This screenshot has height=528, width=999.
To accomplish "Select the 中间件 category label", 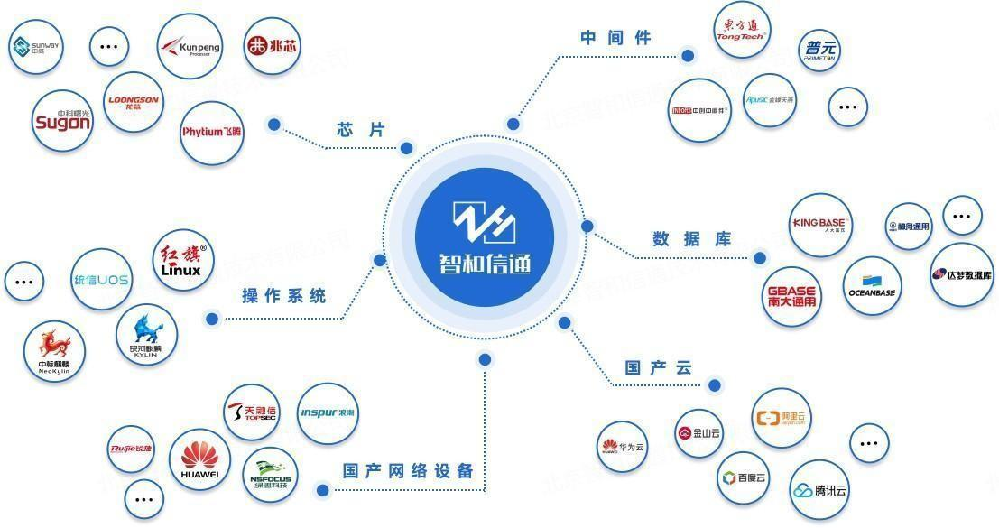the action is [x=615, y=38].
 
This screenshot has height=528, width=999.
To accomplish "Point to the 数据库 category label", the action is [x=691, y=239].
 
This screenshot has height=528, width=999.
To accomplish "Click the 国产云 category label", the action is [x=658, y=368].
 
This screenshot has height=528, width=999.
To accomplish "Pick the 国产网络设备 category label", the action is [x=408, y=471].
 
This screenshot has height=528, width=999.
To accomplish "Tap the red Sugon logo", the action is [x=62, y=121].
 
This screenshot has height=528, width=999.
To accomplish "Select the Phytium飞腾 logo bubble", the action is [x=212, y=132].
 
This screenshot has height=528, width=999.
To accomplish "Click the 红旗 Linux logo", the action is [x=183, y=259].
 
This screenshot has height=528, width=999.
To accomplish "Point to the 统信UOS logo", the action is [x=100, y=281].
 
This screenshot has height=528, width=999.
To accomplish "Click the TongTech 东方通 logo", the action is [x=741, y=32].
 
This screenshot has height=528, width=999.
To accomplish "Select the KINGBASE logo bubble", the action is [x=820, y=224].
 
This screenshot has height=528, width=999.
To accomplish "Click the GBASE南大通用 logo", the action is [x=791, y=297].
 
